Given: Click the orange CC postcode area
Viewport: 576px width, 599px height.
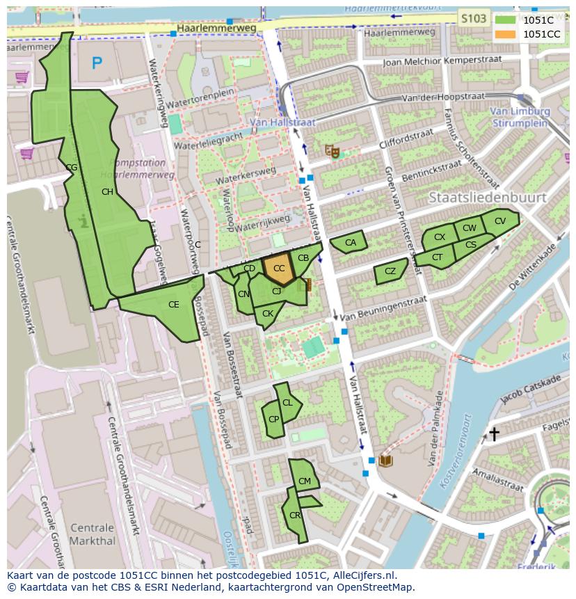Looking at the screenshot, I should [x=278, y=269].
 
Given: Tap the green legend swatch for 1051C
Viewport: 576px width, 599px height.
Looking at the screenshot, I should [x=506, y=20].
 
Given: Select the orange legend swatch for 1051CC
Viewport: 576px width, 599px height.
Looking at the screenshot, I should [x=506, y=34].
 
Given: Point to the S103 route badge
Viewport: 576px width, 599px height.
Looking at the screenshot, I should [x=474, y=19].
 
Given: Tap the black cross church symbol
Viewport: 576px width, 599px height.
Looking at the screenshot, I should [x=494, y=434].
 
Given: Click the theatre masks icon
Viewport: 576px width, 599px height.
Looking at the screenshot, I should [x=333, y=150].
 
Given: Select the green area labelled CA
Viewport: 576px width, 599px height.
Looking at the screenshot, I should [x=349, y=242].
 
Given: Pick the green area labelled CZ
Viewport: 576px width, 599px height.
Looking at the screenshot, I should [x=390, y=272].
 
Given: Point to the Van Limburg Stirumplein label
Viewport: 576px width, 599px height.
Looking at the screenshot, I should [x=519, y=117].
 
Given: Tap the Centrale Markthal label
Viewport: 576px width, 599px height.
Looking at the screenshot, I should [x=93, y=534].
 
